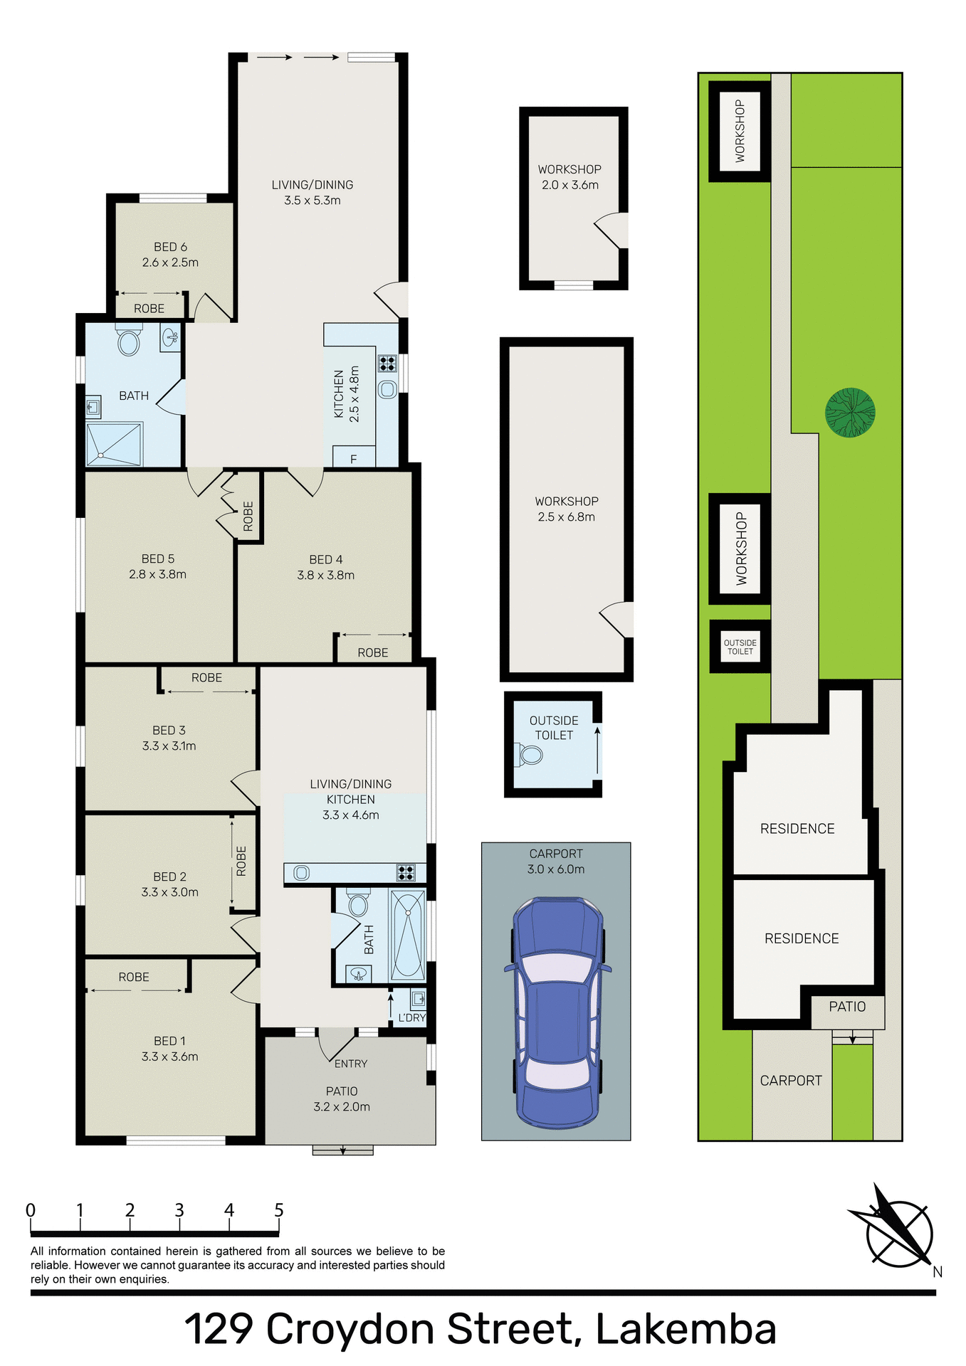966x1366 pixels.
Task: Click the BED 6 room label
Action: coord(170,247)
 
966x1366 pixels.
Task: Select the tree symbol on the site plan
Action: coord(850,413)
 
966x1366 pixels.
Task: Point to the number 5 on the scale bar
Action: coord(279,1210)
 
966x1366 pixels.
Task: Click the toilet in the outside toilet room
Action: coord(530,755)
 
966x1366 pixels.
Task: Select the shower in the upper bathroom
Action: coord(114,445)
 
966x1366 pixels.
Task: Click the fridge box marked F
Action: coord(353,459)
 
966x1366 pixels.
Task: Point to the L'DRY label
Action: coord(411,1017)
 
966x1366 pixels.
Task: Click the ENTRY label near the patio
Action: coord(351,1064)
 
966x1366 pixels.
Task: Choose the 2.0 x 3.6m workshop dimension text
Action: coord(569,185)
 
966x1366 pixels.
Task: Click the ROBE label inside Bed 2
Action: coord(241,861)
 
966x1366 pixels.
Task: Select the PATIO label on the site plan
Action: coord(847,1007)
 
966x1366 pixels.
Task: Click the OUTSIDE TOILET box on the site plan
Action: coord(740,647)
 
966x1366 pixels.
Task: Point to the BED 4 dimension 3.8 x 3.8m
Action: coord(325,575)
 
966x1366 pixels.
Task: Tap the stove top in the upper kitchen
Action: coord(387,364)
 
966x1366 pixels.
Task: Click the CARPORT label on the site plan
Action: coord(790,1081)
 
